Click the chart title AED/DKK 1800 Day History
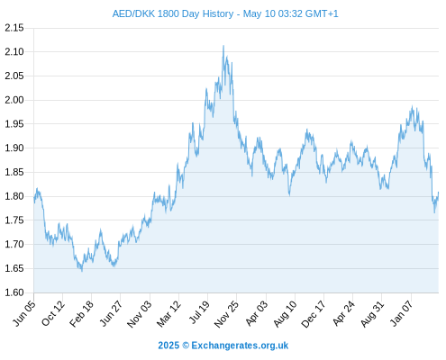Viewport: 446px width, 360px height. click(173, 13)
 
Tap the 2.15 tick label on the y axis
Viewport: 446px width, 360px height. click(14, 28)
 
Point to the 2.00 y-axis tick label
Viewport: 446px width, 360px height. click(14, 100)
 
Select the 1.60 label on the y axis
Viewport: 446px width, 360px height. click(14, 292)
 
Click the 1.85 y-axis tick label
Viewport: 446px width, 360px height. click(14, 172)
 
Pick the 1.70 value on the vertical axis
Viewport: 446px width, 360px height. click(14, 244)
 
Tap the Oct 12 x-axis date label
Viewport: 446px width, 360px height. click(53, 313)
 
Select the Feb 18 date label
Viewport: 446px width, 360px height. click(82, 313)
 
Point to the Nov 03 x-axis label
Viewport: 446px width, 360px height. click(140, 313)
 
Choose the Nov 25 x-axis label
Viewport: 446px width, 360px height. click(226, 313)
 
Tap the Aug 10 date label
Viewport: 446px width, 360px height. click(285, 313)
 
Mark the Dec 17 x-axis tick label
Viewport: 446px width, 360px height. click(314, 313)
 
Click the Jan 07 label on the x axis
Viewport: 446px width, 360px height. click(401, 313)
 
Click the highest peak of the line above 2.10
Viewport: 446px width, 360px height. click(223, 46)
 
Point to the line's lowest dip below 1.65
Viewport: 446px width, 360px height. click(82, 271)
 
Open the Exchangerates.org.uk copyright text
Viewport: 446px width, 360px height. click(223, 346)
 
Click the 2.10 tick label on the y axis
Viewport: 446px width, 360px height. click(14, 52)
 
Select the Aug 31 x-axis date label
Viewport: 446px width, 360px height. click(372, 313)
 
